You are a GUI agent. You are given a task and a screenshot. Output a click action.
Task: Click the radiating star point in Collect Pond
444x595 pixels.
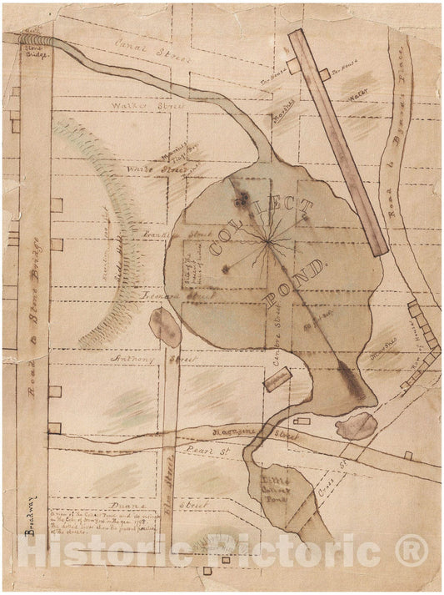pyautogui.click(x=268, y=242)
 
